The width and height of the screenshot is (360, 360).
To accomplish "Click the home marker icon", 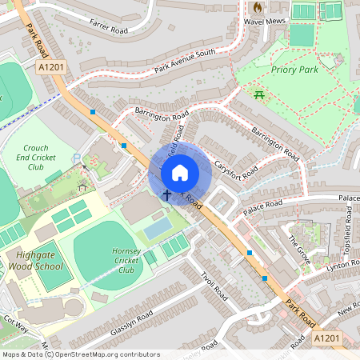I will click(x=180, y=172).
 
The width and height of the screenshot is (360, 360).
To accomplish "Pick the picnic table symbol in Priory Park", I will click(x=260, y=96).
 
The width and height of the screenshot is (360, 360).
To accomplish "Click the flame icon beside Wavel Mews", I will click(x=258, y=6).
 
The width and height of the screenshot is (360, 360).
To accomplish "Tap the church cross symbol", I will click(x=167, y=194).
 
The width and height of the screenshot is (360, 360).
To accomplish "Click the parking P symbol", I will click(x=77, y=158).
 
